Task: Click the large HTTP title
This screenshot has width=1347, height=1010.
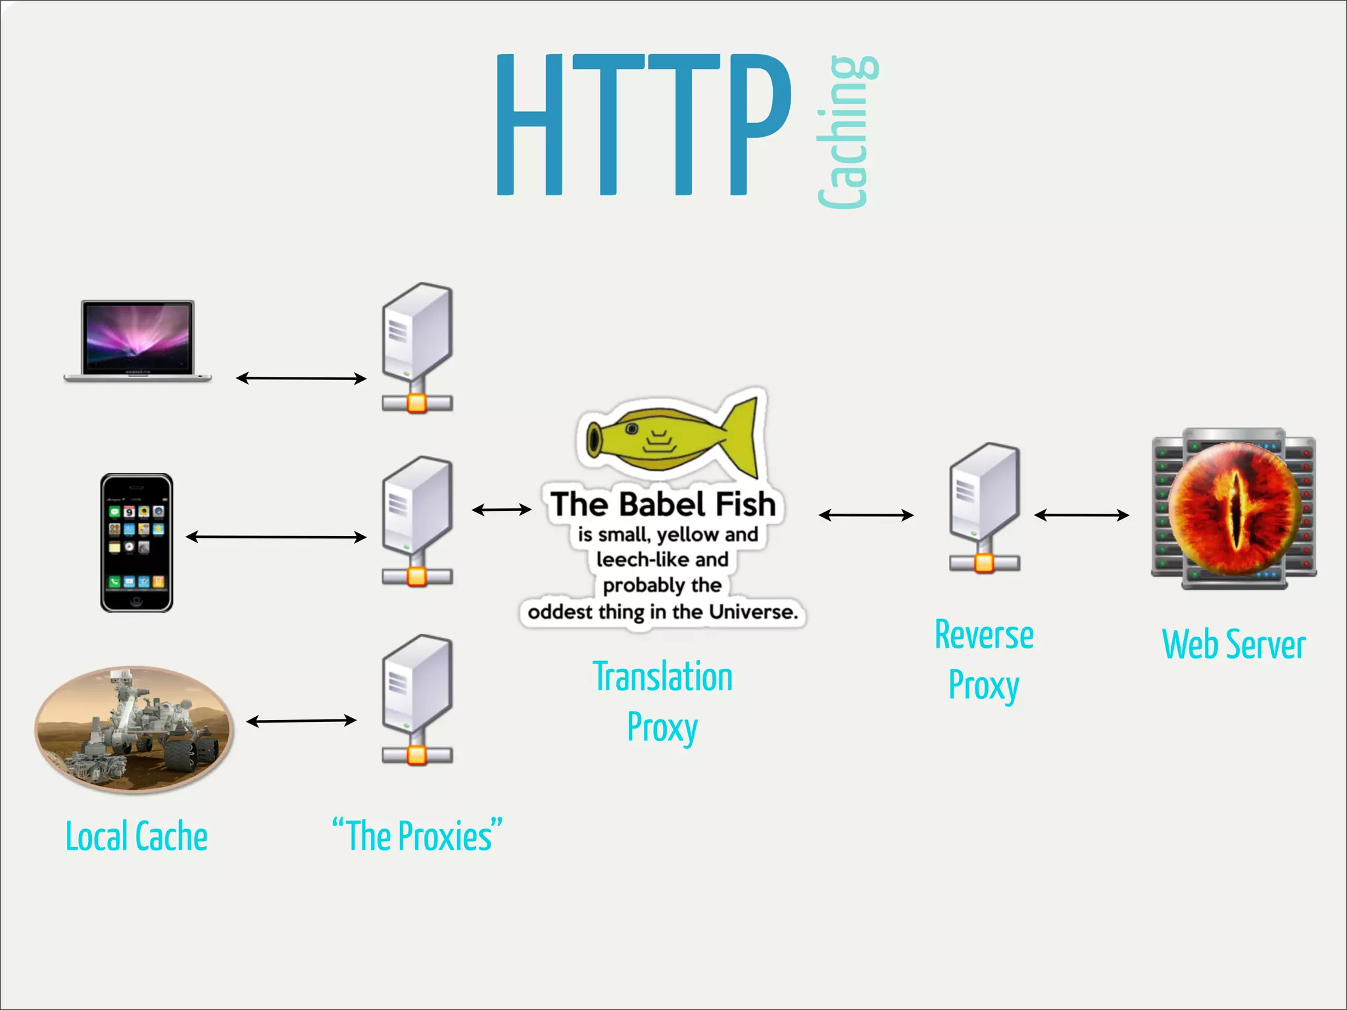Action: (643, 125)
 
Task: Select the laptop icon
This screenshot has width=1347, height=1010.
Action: (137, 341)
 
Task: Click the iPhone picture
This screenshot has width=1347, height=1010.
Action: (137, 542)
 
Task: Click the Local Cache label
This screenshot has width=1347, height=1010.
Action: (137, 836)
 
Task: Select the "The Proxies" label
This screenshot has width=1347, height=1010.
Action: (418, 836)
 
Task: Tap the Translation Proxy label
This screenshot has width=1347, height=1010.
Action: (662, 702)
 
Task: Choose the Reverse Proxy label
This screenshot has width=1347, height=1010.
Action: (984, 660)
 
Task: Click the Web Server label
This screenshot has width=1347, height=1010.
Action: (1234, 644)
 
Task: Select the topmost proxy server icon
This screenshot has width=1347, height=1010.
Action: (417, 347)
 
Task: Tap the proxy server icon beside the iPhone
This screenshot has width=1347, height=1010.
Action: (417, 521)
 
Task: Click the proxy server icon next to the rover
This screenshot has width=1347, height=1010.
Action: (417, 699)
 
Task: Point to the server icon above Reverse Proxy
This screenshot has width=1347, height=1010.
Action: (984, 508)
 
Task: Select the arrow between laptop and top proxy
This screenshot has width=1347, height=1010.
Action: (301, 378)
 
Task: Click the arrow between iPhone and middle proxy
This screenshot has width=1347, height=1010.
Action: (276, 537)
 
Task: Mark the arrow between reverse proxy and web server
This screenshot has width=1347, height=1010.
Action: (1081, 516)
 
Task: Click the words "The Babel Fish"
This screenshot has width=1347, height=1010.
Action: (663, 504)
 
